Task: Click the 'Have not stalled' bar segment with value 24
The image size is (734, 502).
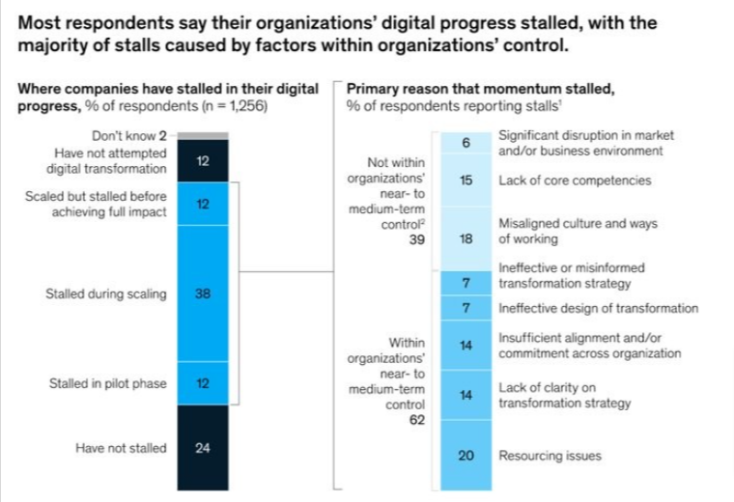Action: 202,449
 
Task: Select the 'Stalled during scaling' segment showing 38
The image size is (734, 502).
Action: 202,294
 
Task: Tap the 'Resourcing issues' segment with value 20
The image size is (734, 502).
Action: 466,455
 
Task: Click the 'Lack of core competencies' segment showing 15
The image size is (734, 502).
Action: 466,181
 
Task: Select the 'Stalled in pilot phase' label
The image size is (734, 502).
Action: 107,384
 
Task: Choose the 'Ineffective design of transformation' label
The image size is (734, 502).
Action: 598,309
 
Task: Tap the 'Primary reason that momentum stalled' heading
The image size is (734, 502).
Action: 480,89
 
